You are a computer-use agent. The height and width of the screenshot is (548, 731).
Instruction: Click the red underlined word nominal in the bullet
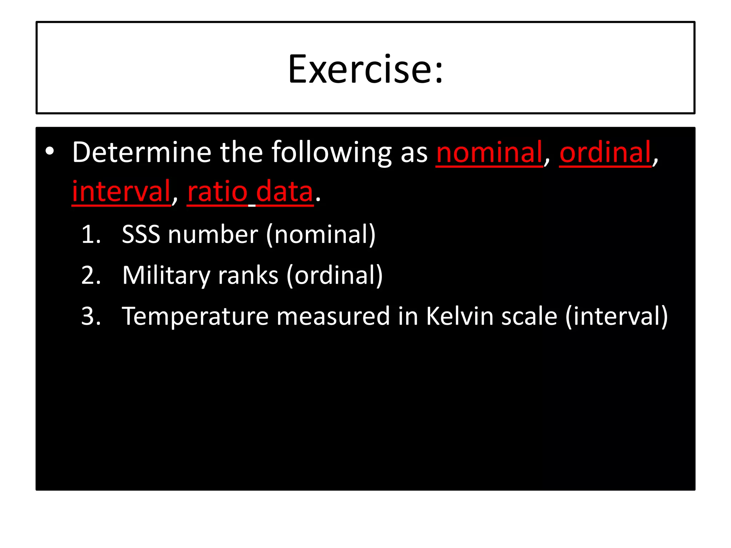489,152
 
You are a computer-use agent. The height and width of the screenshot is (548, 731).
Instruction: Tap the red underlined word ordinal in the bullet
605,152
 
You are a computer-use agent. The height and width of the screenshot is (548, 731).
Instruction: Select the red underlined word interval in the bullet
121,192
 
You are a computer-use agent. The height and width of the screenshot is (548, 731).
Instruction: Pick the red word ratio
217,192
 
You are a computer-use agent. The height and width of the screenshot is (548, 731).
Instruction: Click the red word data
284,192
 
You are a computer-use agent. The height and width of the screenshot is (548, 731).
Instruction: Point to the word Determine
142,152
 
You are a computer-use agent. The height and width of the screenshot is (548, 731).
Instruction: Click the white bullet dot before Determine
50,151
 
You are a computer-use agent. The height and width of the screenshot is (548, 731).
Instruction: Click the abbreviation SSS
141,235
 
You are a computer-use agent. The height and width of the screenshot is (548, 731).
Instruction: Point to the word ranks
248,275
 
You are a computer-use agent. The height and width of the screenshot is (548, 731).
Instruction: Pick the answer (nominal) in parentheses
321,235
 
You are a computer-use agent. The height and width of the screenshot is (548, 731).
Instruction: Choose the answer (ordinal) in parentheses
334,275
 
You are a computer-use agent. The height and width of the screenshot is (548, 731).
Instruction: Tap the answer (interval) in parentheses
616,316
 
